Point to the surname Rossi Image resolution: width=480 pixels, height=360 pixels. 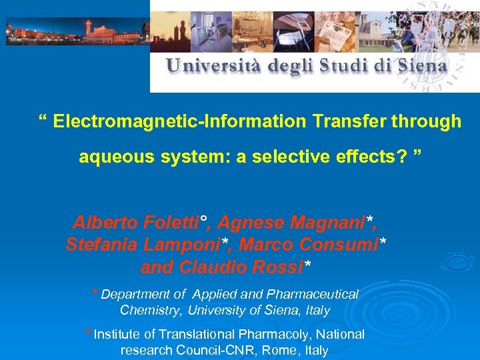tap(280, 267)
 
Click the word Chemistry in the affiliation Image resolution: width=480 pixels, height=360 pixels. tap(151, 310)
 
